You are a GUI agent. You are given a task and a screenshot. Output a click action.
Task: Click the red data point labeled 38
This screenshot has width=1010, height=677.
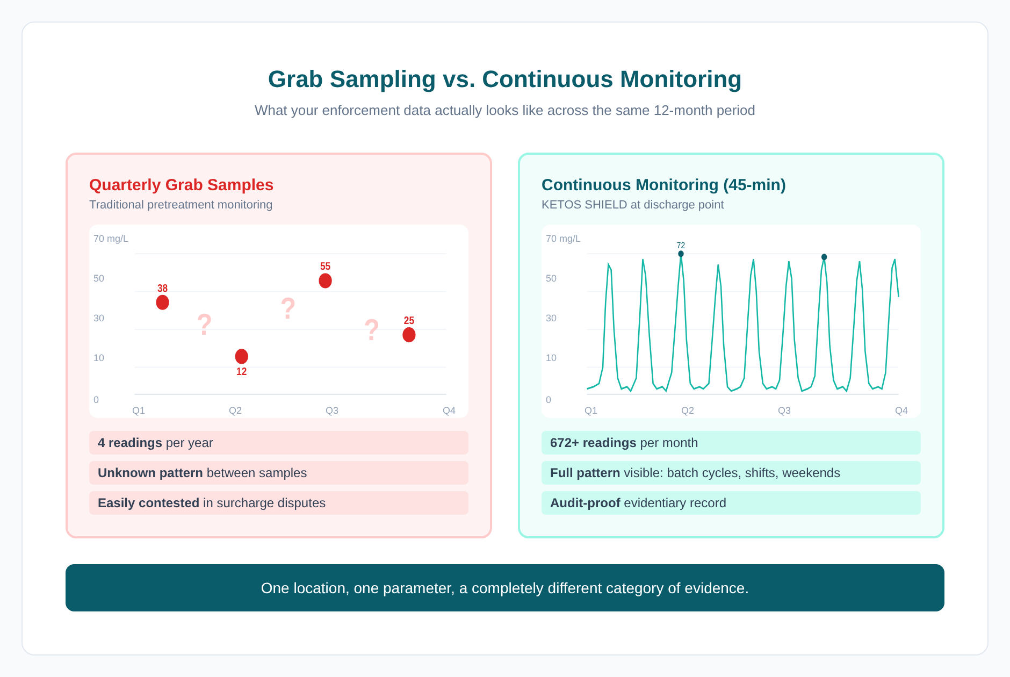pos(162,303)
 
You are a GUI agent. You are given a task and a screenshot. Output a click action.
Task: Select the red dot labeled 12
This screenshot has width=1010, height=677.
pos(241,356)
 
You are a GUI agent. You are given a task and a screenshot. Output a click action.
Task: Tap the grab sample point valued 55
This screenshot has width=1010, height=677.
pos(325,280)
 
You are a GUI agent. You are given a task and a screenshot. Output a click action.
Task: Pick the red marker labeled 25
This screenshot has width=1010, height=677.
pos(409,335)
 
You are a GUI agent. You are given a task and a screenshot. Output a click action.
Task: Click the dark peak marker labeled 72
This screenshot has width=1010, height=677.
pos(681,254)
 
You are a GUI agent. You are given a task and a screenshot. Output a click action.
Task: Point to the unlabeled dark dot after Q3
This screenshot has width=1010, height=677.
pos(824,257)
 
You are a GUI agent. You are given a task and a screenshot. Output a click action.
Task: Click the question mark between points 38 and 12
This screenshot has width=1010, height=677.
pos(204,325)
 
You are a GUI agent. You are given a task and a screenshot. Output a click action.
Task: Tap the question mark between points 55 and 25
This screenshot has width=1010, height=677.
pos(371,330)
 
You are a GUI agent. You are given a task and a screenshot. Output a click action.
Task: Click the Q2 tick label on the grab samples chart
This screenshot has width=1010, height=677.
pos(235,410)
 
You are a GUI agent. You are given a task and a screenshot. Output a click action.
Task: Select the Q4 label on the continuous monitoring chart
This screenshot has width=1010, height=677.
pos(901,410)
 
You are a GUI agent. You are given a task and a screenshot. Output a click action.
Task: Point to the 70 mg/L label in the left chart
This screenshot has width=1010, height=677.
pos(111,239)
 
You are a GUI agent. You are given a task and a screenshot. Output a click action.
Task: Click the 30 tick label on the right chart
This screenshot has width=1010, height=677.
pos(551,318)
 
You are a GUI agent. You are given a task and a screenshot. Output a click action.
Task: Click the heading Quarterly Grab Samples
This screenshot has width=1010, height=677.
pos(181,185)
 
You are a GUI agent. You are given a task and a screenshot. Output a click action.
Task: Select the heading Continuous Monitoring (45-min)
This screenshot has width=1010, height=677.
pos(663,185)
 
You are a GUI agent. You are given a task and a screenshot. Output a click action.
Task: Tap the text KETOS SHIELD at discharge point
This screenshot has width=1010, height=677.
pos(632,205)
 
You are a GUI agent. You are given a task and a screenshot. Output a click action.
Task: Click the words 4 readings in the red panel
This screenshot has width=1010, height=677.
pos(130,443)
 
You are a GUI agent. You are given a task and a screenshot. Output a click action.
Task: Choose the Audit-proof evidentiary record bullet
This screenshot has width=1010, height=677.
pos(638,503)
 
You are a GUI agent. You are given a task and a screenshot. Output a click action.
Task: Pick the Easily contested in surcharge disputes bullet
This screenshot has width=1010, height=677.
pos(211,503)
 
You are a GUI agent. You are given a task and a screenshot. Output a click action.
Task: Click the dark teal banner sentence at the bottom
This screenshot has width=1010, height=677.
pos(504,588)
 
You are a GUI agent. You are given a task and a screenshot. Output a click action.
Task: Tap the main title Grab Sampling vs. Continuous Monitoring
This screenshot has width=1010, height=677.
pos(504,79)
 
